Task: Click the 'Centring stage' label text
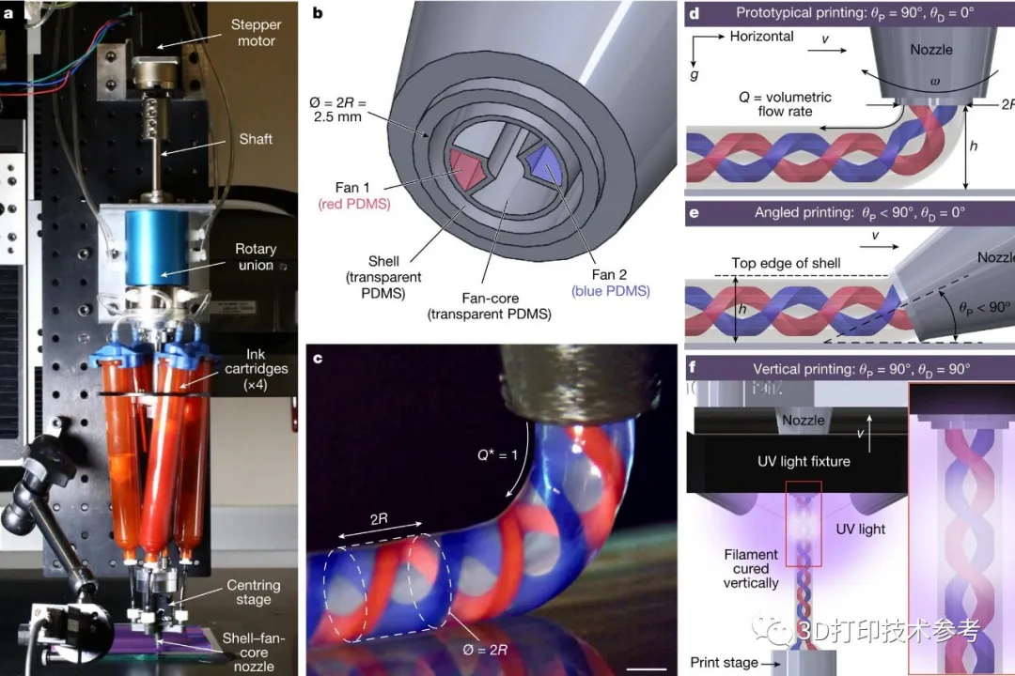pyautogui.click(x=253, y=591)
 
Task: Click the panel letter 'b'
pyautogui.click(x=318, y=12)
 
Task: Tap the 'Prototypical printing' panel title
pyautogui.click(x=850, y=13)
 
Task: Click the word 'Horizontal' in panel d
pyautogui.click(x=761, y=37)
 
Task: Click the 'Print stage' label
pyautogui.click(x=726, y=663)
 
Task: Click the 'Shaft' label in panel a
pyautogui.click(x=256, y=139)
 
